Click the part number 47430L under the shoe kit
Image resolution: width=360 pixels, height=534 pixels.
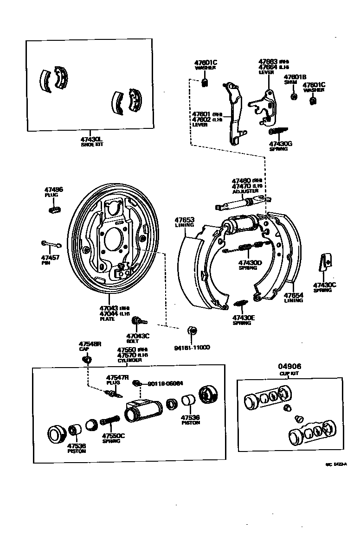pyautogui.click(x=91, y=139)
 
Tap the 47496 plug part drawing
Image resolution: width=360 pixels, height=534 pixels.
pyautogui.click(x=55, y=210)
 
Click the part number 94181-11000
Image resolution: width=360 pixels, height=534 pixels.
pyautogui.click(x=192, y=347)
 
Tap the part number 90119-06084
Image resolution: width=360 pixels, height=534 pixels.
pyautogui.click(x=165, y=383)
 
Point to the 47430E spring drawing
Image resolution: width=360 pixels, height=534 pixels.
pyautogui.click(x=240, y=304)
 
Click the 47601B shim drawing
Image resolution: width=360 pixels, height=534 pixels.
pyautogui.click(x=294, y=97)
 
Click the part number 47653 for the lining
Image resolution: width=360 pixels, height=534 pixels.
pyautogui.click(x=184, y=220)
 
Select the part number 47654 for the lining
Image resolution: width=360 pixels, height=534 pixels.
pyautogui.click(x=293, y=295)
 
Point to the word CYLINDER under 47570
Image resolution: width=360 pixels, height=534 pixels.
pyautogui.click(x=129, y=360)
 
